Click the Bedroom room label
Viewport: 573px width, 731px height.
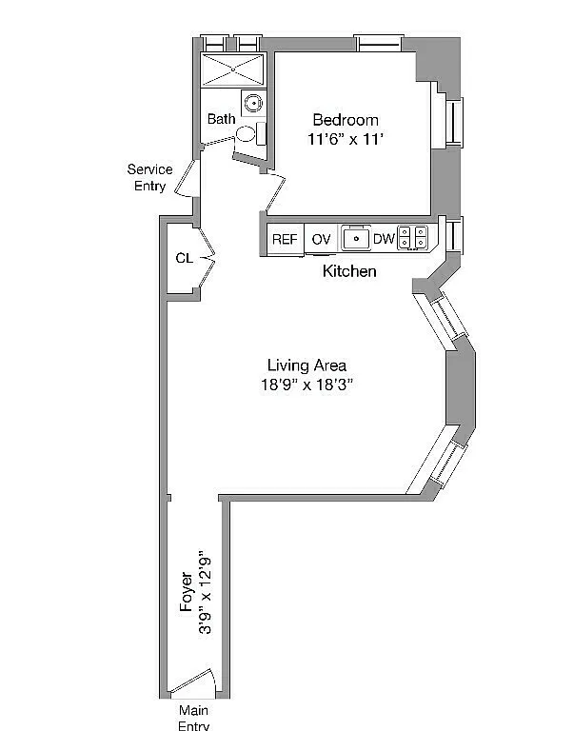tap(346, 120)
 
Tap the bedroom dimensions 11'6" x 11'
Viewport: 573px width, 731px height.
tap(346, 139)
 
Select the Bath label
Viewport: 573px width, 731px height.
tap(222, 118)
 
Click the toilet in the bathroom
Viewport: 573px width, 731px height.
tap(251, 134)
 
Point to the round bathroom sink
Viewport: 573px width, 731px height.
tap(253, 103)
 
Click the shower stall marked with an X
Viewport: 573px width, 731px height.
tap(233, 69)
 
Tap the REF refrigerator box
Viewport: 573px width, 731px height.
tap(285, 239)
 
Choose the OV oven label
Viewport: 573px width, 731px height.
tap(321, 239)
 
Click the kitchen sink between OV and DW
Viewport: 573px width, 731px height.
tap(356, 238)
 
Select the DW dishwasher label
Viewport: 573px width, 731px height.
tap(385, 239)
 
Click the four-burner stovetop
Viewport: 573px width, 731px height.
tap(412, 237)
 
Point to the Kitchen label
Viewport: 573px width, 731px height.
tap(349, 271)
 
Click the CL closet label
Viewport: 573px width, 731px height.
tap(185, 258)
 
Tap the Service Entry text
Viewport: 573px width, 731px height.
tap(150, 178)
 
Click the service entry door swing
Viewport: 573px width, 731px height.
tap(186, 178)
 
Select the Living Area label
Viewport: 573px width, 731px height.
tap(306, 365)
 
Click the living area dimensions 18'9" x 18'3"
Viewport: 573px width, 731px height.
tap(306, 385)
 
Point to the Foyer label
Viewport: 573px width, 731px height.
tap(187, 592)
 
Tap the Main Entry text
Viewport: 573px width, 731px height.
tap(194, 718)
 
